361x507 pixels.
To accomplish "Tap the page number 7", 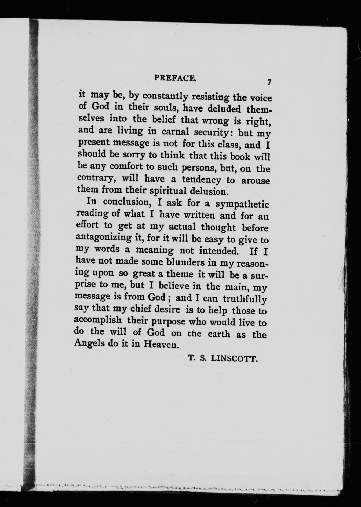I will (x=269, y=82).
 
